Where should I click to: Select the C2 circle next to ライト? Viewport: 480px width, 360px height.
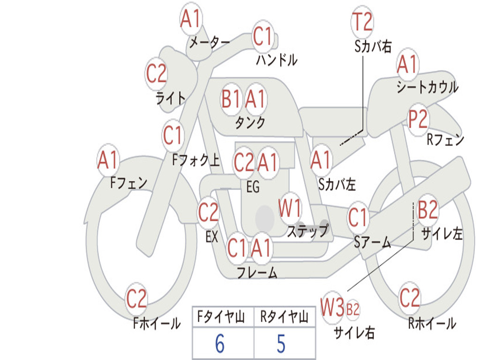click(x=156, y=74)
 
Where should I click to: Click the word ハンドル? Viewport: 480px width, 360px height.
click(x=277, y=60)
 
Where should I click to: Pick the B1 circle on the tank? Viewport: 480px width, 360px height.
click(x=231, y=99)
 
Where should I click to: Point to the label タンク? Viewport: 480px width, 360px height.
click(x=250, y=123)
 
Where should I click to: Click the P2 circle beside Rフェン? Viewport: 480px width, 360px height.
click(x=418, y=120)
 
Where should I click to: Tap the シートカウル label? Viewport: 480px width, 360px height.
click(x=427, y=88)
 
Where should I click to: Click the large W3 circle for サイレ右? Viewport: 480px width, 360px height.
click(x=332, y=308)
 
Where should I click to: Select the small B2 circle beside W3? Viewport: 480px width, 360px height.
click(x=353, y=309)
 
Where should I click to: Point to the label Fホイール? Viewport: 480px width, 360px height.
click(x=157, y=323)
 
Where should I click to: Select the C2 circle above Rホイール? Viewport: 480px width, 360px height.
click(x=409, y=298)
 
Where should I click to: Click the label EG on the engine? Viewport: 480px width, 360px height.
click(x=253, y=187)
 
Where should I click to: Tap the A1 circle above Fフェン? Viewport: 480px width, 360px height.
click(x=108, y=160)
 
